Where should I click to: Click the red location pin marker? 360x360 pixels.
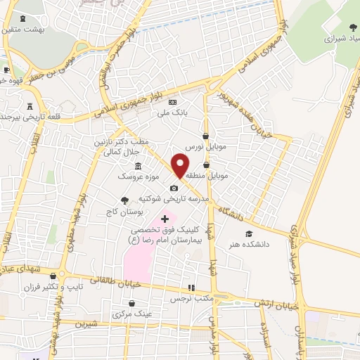coord(180,166)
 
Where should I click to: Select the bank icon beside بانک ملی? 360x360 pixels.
coord(172,102)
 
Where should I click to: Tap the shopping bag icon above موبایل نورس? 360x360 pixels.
coord(205,136)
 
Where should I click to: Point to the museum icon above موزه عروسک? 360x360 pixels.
coord(137,167)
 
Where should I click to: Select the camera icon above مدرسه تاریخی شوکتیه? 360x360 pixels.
coord(174,188)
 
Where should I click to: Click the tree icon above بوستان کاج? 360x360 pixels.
coord(125,200)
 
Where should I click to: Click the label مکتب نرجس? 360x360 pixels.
coord(191,298)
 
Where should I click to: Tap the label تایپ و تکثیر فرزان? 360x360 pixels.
coord(84,287)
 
